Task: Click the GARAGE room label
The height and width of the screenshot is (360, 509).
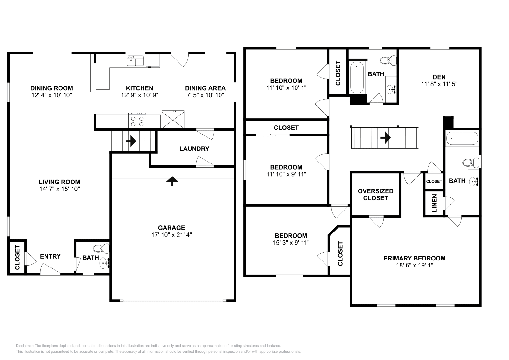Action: pyautogui.click(x=171, y=228)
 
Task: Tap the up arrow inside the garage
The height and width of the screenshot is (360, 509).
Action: pyautogui.click(x=172, y=181)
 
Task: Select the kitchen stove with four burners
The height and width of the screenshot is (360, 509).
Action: pyautogui.click(x=137, y=121)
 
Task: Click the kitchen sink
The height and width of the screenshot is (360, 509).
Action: pyautogui.click(x=135, y=60)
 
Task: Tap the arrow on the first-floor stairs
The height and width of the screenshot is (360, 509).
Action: pyautogui.click(x=131, y=141)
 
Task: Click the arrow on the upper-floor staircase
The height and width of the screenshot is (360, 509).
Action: pyautogui.click(x=386, y=138)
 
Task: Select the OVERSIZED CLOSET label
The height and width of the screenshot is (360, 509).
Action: pyautogui.click(x=375, y=194)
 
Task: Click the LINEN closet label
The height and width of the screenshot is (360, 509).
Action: pyautogui.click(x=435, y=203)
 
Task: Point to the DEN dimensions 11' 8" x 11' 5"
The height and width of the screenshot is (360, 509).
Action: pyautogui.click(x=439, y=84)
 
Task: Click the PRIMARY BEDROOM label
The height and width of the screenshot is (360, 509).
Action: pyautogui.click(x=414, y=258)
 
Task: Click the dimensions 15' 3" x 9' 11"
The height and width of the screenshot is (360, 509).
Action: pyautogui.click(x=291, y=242)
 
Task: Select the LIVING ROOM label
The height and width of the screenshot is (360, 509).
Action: pyautogui.click(x=59, y=182)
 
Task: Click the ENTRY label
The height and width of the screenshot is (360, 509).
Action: pyautogui.click(x=50, y=256)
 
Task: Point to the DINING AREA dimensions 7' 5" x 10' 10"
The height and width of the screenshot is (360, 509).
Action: pyautogui.click(x=205, y=95)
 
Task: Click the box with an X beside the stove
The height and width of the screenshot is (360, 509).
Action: pyautogui.click(x=173, y=120)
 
